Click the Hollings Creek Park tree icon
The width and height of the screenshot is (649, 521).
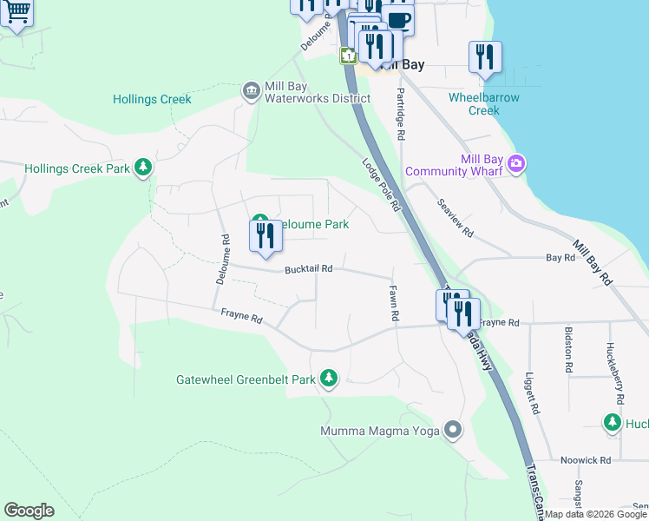pyautogui.click(x=144, y=168)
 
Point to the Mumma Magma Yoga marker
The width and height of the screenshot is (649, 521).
pyautogui.click(x=452, y=430)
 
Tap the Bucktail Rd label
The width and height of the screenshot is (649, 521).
pyautogui.click(x=309, y=269)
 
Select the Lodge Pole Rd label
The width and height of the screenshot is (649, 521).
pyautogui.click(x=381, y=185)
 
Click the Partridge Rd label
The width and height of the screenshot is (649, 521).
pyautogui.click(x=401, y=114)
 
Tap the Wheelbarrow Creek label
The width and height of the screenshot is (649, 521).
pyautogui.click(x=484, y=103)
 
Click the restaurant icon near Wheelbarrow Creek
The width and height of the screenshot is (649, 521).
pyautogui.click(x=485, y=57)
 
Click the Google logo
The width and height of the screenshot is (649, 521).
pyautogui.click(x=29, y=511)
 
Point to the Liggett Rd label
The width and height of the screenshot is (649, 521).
pyautogui.click(x=532, y=393)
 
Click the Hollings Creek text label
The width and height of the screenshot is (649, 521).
pyautogui.click(x=152, y=99)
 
